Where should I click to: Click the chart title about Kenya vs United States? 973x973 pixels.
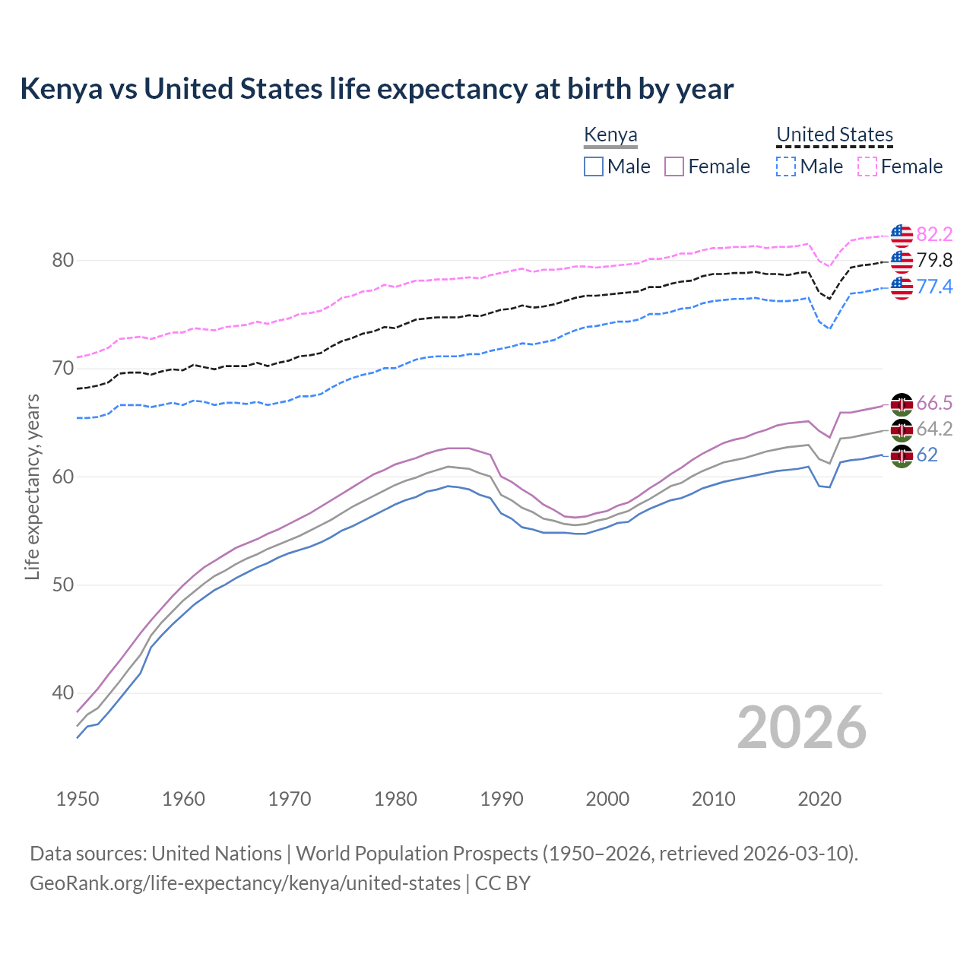[x=376, y=89]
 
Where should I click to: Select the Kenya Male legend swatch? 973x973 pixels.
[x=594, y=166]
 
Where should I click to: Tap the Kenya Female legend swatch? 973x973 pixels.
[x=674, y=166]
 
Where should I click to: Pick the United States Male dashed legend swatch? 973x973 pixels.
[x=786, y=166]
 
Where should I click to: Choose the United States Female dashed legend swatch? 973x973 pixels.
[x=867, y=166]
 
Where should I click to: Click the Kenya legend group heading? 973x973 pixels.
[x=610, y=135]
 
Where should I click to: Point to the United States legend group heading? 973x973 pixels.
[x=834, y=135]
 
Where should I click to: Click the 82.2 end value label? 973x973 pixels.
[x=934, y=234]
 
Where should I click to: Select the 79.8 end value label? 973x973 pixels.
[x=934, y=261]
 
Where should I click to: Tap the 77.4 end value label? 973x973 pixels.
[x=934, y=287]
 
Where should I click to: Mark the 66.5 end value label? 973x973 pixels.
[x=934, y=403]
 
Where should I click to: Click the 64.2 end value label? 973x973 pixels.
[x=934, y=429]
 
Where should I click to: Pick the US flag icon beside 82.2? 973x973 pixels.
[x=902, y=236]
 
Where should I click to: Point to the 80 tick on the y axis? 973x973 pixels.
[x=62, y=261]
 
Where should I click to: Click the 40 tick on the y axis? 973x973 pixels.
[x=62, y=693]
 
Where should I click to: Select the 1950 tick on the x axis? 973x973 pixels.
[x=78, y=799]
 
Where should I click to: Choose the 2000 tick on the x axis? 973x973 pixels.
[x=607, y=799]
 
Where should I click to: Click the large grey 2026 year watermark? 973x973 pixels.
[x=801, y=728]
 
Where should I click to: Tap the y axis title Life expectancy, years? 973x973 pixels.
[x=33, y=486]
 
